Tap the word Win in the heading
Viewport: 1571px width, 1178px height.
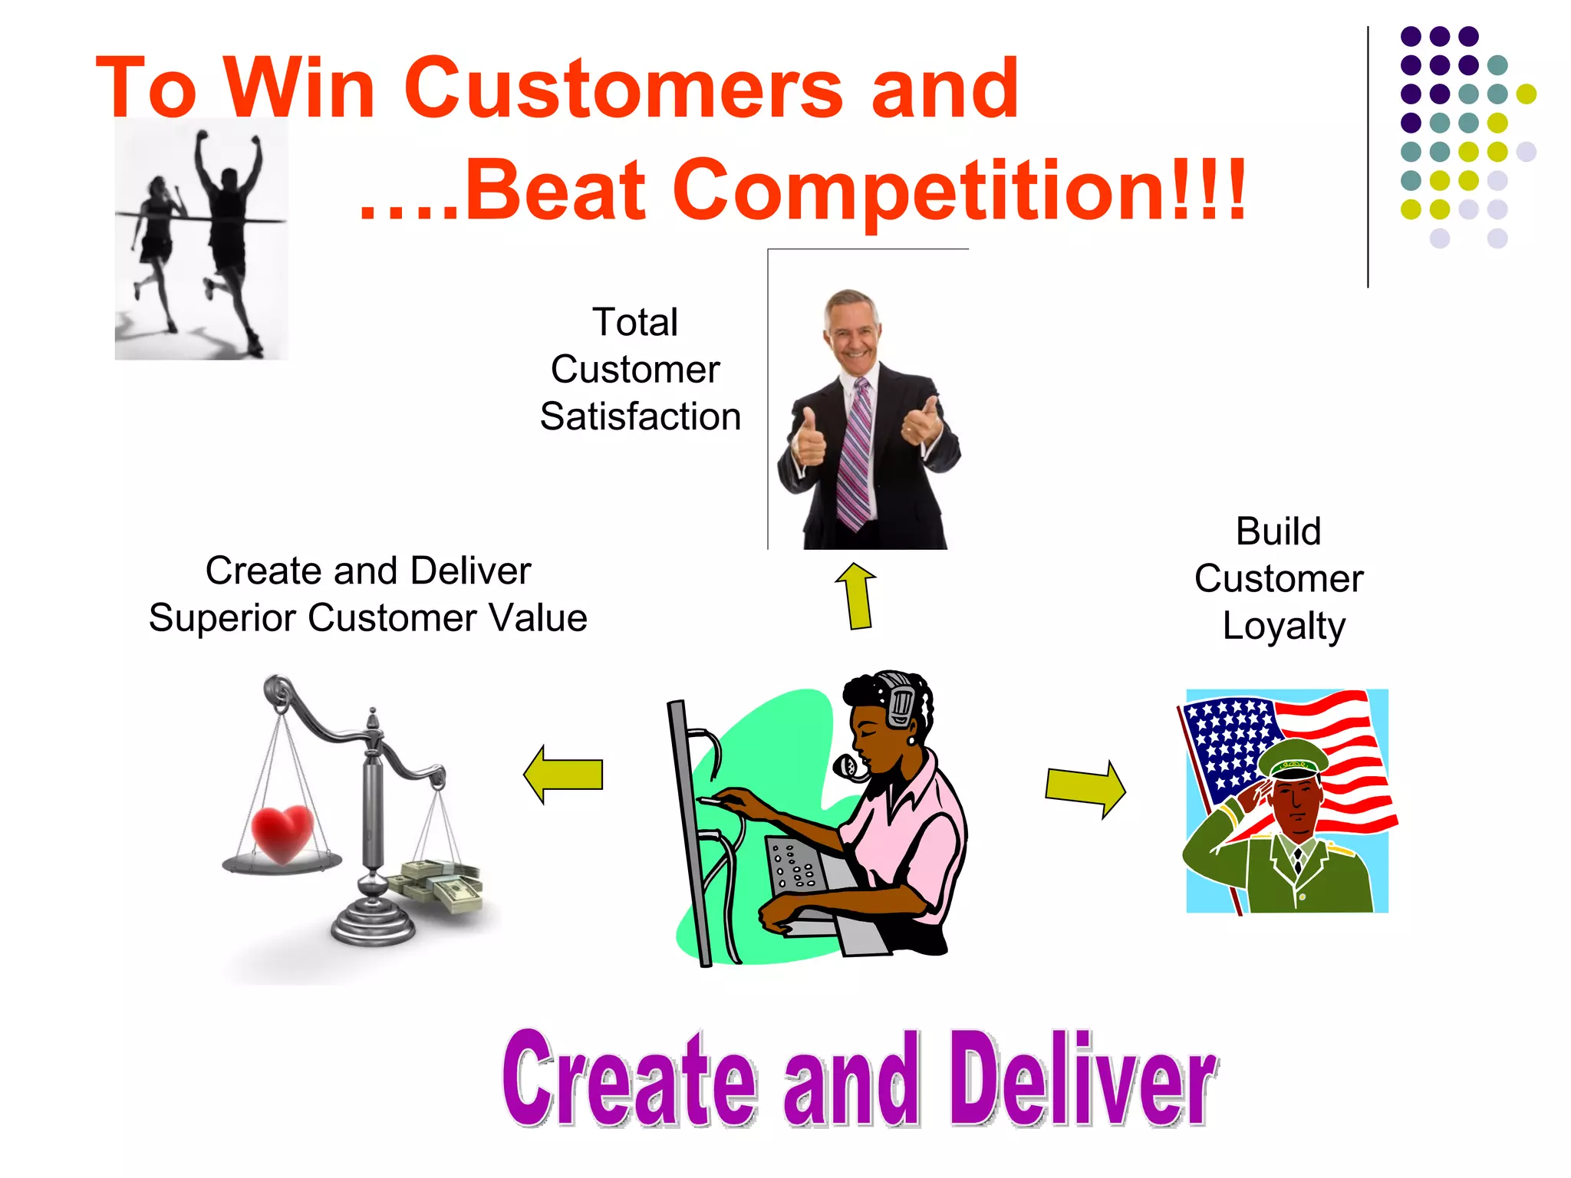[299, 89]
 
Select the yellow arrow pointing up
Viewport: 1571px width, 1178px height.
[857, 596]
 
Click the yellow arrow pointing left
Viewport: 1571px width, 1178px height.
[564, 774]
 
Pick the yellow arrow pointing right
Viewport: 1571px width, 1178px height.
[1085, 788]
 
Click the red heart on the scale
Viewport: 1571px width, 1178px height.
[282, 834]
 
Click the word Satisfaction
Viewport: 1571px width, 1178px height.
[641, 417]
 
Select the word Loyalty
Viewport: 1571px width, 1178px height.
[1283, 627]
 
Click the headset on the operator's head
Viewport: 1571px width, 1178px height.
[900, 698]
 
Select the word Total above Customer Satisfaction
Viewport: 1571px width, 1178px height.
[635, 322]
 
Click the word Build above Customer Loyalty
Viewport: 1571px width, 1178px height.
[1279, 531]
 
